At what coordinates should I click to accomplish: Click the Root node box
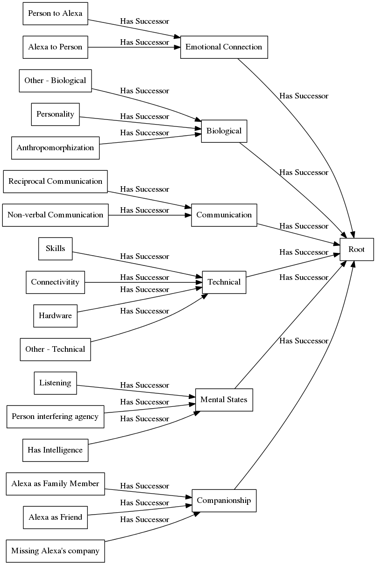(356, 249)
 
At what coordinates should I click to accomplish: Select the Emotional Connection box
(224, 47)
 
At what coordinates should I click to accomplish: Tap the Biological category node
(224, 131)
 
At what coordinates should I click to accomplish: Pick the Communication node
(224, 215)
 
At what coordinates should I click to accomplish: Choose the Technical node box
(224, 282)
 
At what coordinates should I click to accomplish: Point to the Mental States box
(224, 400)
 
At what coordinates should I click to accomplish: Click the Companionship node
(224, 501)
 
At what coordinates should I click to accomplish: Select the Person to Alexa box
(55, 14)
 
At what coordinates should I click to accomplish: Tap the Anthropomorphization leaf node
(55, 148)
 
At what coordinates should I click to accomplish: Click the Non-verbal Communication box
(55, 215)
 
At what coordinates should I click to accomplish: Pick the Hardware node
(55, 316)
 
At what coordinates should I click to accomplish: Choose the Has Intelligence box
(55, 450)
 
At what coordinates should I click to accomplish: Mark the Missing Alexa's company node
(55, 551)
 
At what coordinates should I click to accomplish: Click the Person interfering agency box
(55, 417)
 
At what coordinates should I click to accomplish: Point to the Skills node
(55, 249)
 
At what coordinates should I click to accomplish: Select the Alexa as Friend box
(55, 517)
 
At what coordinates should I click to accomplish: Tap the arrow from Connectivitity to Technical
(140, 282)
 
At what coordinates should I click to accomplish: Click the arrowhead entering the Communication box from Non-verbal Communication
(188, 215)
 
